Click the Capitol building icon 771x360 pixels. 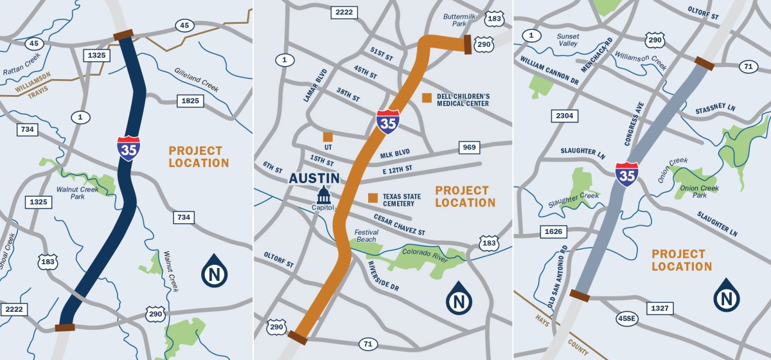(x=323, y=195)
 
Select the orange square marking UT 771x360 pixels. (x=328, y=137)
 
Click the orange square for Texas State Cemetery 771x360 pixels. (x=372, y=197)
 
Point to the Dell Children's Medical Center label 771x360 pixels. (x=463, y=100)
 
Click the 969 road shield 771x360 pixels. (x=469, y=148)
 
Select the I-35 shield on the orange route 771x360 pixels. (x=387, y=121)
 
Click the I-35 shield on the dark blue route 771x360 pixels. (x=128, y=148)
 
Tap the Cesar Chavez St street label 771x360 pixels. (x=399, y=224)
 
